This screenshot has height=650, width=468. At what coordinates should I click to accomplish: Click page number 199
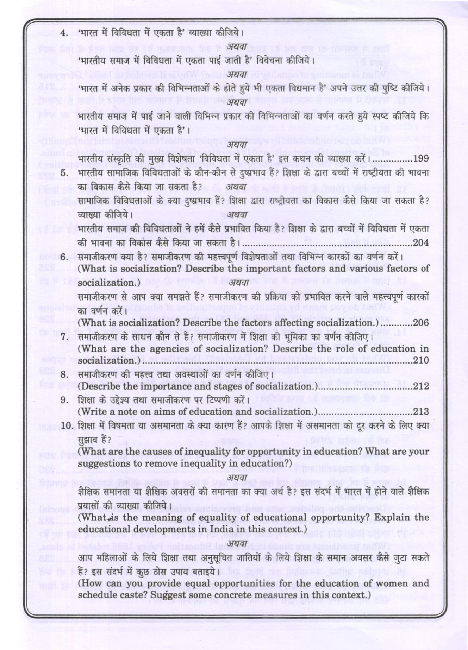(421, 159)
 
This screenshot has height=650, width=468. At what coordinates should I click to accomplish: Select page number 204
(421, 242)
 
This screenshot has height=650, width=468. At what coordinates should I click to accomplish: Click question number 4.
(64, 33)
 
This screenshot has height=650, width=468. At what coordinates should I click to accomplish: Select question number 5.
(64, 173)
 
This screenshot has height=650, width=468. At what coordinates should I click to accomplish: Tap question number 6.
(64, 257)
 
